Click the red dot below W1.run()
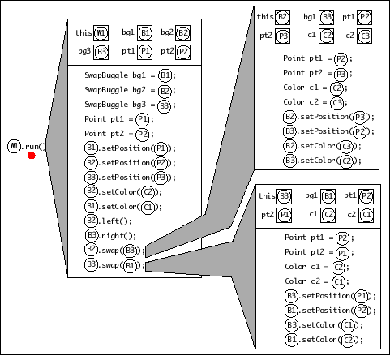coord(32,156)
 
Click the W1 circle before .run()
coord(14,146)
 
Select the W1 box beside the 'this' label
coord(101,33)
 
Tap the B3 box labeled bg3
coord(101,52)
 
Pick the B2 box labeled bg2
coord(182,33)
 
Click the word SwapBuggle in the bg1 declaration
coord(106,75)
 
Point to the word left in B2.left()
coord(110,221)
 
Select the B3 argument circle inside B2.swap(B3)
coord(131,251)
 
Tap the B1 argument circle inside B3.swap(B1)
coord(131,265)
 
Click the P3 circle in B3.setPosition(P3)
coord(161,178)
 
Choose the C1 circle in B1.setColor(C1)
coord(148,208)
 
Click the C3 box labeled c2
coord(364,36)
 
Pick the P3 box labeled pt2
coord(282,36)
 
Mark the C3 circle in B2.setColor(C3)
coord(346,147)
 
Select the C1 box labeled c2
coord(366,215)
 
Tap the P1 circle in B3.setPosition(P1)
coord(362,296)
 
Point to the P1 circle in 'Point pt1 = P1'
coord(142,119)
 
